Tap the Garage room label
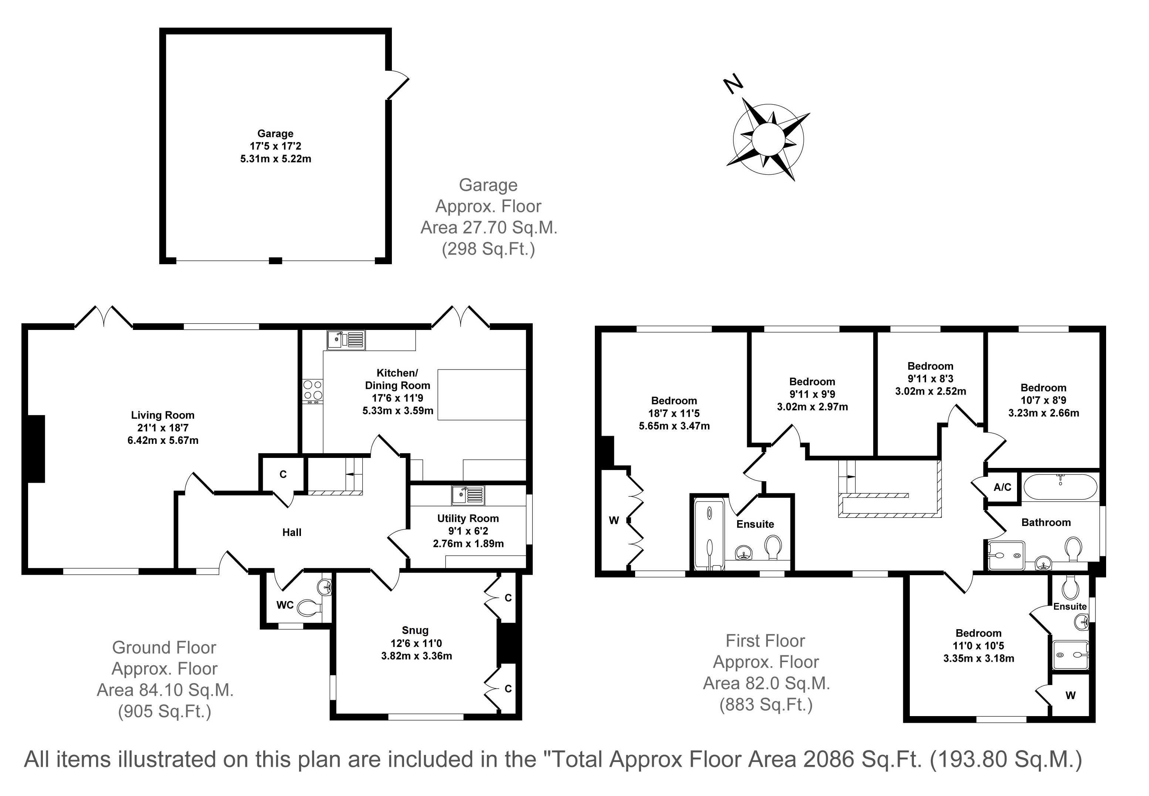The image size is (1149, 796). click(275, 134)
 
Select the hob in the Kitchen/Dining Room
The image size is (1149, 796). click(312, 391)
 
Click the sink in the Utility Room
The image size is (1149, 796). click(468, 495)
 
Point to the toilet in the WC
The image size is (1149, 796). click(309, 607)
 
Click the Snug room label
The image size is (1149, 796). click(415, 630)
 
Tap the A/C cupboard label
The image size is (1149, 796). click(1003, 487)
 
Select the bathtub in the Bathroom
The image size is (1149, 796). click(1060, 486)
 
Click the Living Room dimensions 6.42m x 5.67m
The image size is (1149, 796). click(163, 441)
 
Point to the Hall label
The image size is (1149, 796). click(292, 533)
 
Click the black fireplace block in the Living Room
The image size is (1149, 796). click(36, 449)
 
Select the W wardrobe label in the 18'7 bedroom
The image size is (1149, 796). click(614, 521)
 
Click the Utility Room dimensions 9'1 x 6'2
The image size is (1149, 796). click(468, 531)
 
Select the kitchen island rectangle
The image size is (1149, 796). click(482, 395)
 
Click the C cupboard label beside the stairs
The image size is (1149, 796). click(283, 474)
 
